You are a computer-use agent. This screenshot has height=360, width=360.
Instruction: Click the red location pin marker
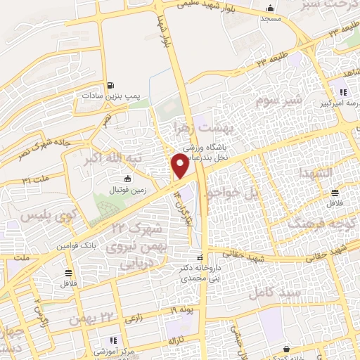tap(179, 166)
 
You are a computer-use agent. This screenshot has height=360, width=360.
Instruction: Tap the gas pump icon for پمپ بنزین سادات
tap(110, 87)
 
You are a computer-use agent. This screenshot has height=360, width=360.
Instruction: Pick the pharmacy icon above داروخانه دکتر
tap(200, 257)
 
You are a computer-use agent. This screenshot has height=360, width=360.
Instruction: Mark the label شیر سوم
tap(284, 103)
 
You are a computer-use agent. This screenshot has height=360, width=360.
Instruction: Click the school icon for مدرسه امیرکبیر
tap(343, 92)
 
